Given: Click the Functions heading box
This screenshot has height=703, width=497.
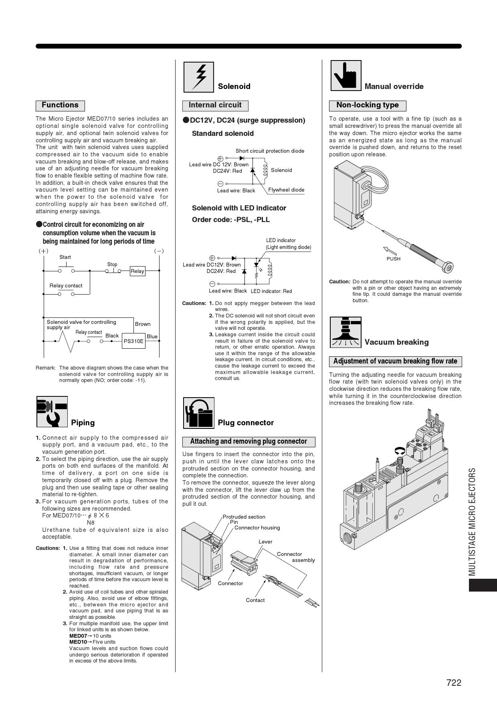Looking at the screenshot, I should click(60, 105).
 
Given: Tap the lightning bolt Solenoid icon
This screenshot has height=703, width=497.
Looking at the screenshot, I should click(198, 77).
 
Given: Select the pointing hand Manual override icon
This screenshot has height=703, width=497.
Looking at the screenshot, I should click(345, 76).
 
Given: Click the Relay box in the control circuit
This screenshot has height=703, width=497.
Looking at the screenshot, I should click(137, 271).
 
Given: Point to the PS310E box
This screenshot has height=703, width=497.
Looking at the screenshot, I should click(133, 341).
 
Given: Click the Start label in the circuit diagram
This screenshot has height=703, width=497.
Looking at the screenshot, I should click(65, 257).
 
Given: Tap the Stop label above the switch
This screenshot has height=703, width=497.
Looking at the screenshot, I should click(112, 265).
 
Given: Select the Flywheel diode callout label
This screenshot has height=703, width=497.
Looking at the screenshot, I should click(286, 190).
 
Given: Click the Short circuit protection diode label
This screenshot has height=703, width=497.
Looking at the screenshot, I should click(270, 151).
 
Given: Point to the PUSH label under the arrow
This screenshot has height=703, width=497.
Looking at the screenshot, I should click(393, 259).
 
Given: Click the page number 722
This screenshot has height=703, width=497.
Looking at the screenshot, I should click(454, 683).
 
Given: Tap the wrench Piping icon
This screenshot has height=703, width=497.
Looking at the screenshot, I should click(52, 412).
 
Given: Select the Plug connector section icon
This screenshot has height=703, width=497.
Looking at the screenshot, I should click(199, 413).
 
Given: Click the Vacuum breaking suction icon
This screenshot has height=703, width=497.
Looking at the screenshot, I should click(345, 332).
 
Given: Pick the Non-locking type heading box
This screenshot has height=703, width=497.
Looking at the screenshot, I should click(368, 105).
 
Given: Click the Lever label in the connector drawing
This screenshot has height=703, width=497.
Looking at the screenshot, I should click(265, 542).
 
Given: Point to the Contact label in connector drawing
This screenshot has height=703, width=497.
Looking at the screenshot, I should click(255, 600).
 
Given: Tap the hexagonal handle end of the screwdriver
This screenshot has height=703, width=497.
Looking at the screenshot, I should click(449, 267).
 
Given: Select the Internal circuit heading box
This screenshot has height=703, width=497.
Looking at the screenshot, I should click(215, 105).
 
